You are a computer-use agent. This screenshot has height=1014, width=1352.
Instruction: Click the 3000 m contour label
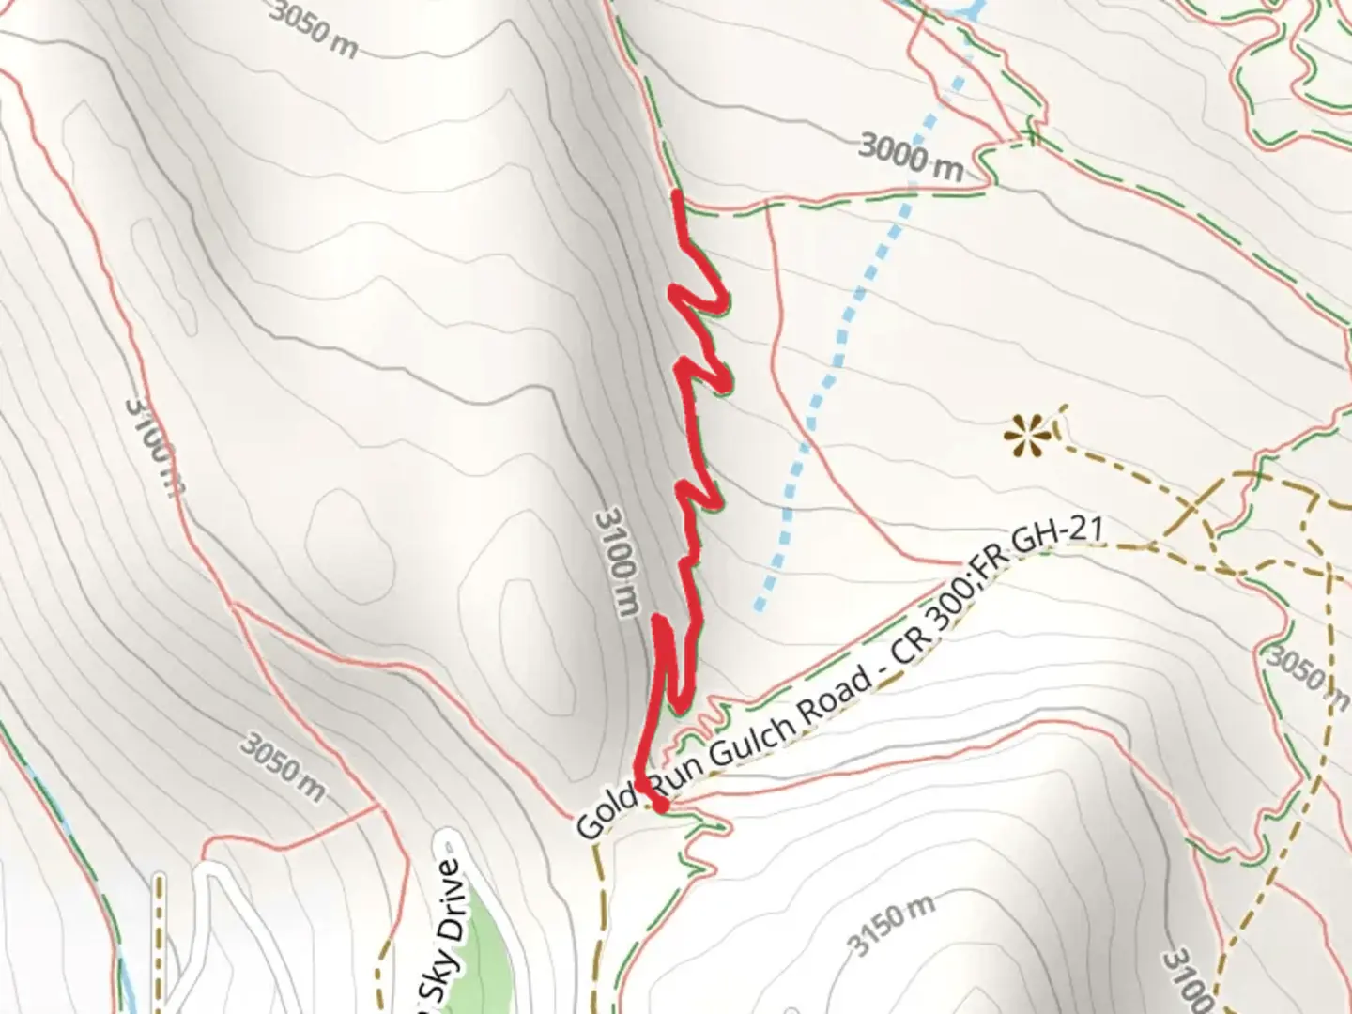tap(911, 157)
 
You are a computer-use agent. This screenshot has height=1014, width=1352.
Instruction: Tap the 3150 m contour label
tap(893, 925)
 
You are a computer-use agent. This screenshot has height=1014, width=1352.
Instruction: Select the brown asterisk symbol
tap(1024, 434)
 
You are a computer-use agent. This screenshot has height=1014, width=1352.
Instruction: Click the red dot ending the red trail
tap(660, 805)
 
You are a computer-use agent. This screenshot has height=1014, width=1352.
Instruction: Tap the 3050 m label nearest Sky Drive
tap(282, 767)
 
